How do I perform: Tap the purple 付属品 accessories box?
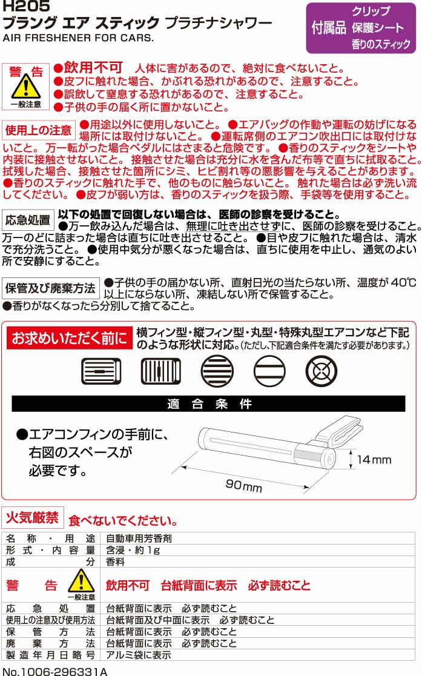(361, 28)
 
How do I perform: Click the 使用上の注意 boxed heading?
(38, 130)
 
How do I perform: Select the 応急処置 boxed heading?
(27, 220)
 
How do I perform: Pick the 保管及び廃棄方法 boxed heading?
(50, 288)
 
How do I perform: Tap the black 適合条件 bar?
(208, 404)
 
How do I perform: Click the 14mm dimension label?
(374, 460)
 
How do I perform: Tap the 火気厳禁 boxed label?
(33, 518)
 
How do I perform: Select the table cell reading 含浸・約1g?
(133, 550)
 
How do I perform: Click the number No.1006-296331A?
(54, 670)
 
